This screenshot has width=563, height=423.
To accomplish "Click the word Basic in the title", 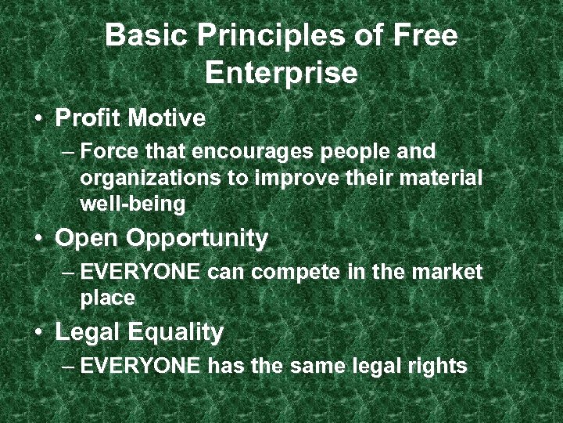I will [x=143, y=36].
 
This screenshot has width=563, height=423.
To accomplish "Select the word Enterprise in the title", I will [x=281, y=73].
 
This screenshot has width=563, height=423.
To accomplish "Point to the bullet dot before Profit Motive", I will [x=38, y=120].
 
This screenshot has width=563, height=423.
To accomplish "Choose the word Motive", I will [x=167, y=119].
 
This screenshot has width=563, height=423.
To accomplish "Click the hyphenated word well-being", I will [x=132, y=205].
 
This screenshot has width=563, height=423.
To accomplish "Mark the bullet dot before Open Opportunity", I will [x=38, y=239].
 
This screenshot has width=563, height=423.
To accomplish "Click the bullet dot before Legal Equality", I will [x=38, y=333].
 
